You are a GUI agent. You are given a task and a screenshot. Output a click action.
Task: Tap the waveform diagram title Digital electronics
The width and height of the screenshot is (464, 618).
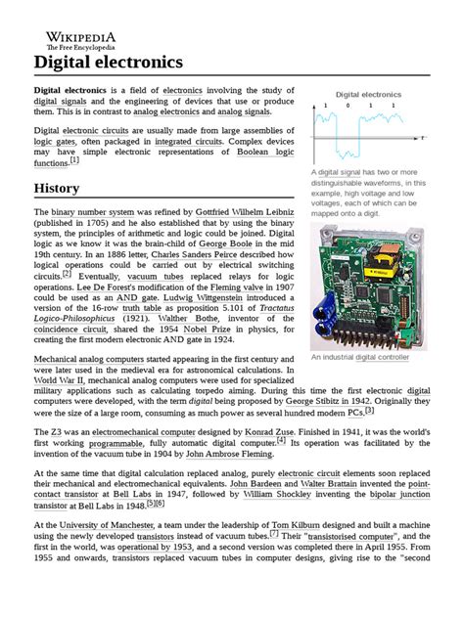[368, 94]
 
